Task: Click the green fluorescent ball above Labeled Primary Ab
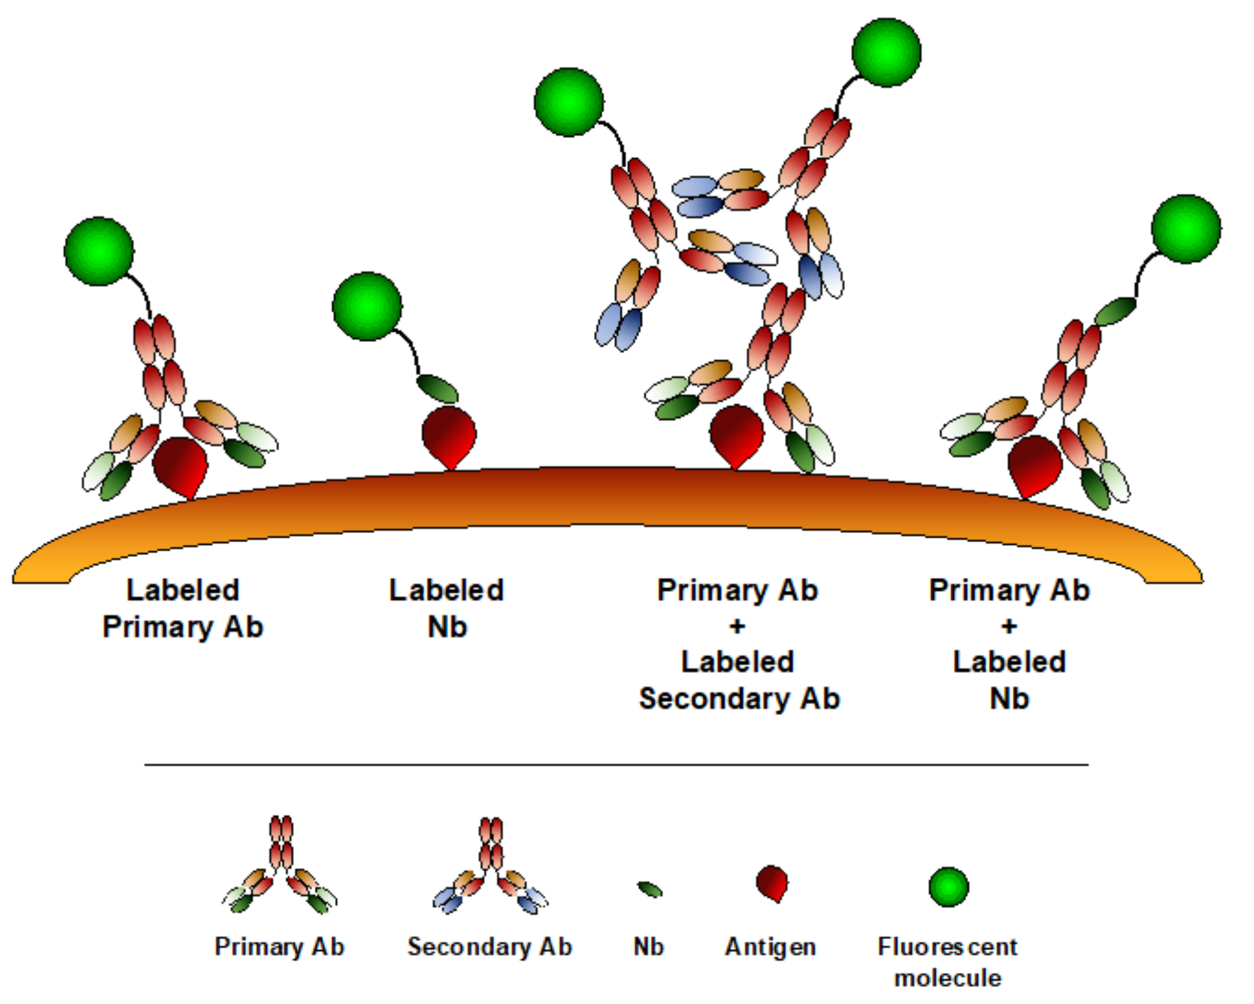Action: click(x=99, y=251)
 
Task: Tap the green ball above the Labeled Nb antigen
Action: click(x=367, y=306)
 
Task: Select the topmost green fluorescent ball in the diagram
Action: click(x=886, y=53)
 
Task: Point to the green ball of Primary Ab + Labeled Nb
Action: click(x=1186, y=229)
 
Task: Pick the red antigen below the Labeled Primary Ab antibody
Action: click(x=180, y=465)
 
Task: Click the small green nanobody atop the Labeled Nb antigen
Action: click(x=438, y=389)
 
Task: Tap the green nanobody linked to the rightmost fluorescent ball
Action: click(x=1115, y=311)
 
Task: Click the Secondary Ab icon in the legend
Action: click(x=491, y=867)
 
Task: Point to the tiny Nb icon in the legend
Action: click(x=650, y=889)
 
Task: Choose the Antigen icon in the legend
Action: click(x=772, y=883)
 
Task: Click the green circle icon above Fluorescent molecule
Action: click(x=948, y=887)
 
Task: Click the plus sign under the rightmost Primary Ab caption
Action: click(x=1009, y=626)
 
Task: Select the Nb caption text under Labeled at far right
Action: click(x=1009, y=698)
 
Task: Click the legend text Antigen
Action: click(x=770, y=947)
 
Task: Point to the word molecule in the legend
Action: click(x=947, y=978)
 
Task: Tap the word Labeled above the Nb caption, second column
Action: click(x=447, y=590)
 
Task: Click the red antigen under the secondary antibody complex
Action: click(x=736, y=435)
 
